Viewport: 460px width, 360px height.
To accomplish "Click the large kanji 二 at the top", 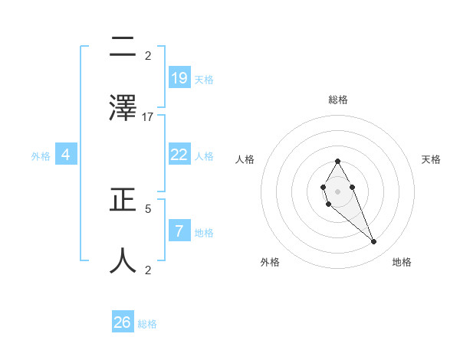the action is pos(123,49).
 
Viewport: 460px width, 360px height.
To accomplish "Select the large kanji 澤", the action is pos(123,107).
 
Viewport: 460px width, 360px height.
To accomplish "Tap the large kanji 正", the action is pos(123,201).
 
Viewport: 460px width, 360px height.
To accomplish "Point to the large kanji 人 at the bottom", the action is pos(123,260).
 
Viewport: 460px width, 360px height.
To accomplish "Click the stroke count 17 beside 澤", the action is pos(148,117).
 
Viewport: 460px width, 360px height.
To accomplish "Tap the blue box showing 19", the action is pos(179,77).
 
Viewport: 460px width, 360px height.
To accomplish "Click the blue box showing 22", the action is pos(179,155).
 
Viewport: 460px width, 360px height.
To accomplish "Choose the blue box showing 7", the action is pos(179,231).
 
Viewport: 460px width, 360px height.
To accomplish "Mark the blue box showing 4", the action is pos(66,155).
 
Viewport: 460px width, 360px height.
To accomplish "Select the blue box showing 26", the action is pos(123,322).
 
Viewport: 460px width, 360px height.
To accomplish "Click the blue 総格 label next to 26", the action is pos(147,324).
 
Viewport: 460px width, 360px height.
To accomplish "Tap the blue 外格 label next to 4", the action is pos(41,156).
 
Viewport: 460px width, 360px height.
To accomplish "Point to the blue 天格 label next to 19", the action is pos(204,79).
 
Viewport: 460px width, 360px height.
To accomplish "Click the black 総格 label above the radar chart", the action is pos(338,100).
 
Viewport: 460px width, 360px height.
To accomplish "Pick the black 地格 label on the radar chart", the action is pos(402,262).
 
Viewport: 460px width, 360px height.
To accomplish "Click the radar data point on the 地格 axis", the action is pos(374,241).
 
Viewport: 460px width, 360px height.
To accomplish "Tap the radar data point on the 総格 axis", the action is pos(337,161).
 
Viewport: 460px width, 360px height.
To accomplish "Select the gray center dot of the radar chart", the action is pos(337,190).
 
